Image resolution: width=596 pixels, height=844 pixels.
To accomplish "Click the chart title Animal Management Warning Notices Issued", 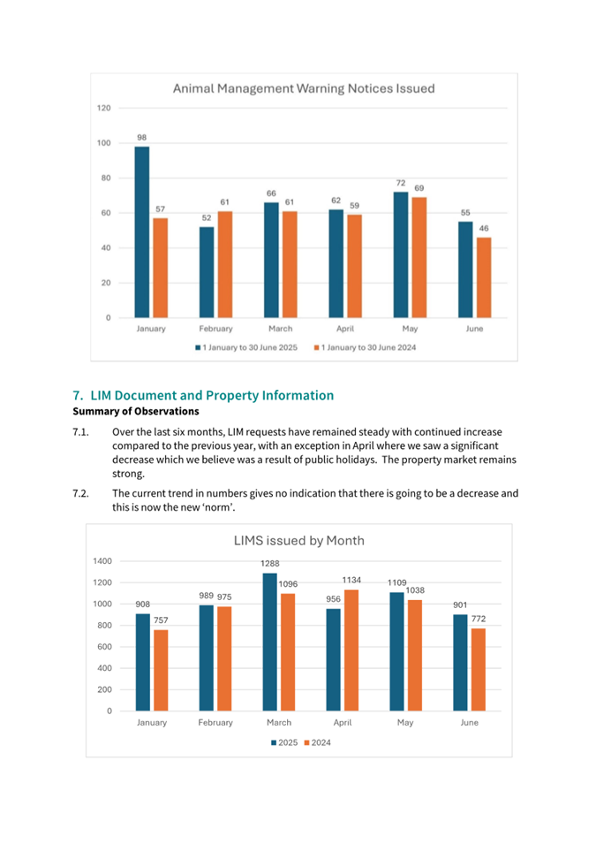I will [303, 88].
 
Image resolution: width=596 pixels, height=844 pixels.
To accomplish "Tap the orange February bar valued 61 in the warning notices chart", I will [224, 264].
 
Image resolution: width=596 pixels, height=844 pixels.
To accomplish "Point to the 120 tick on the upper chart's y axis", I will [104, 108].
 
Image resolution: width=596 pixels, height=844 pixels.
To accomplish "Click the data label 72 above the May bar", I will [400, 183].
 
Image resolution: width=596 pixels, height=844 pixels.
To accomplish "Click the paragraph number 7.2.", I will [81, 492].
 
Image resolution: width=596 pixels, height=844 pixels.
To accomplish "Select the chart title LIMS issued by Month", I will [298, 540].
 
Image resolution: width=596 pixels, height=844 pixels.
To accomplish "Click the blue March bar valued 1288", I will [269, 642].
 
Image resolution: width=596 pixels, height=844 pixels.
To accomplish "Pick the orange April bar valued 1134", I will [351, 650].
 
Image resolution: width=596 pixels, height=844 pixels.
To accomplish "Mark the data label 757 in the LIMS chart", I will [161, 620].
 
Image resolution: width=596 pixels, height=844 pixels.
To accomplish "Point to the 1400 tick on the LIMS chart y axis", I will [102, 561].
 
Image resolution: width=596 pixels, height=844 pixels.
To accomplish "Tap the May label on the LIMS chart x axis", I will [405, 722].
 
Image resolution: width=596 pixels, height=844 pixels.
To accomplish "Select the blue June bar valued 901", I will [460, 663].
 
